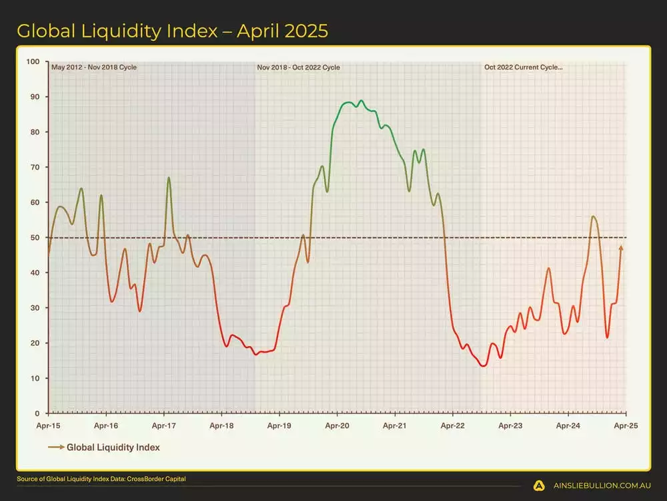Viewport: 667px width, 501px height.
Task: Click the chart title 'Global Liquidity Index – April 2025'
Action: [172, 31]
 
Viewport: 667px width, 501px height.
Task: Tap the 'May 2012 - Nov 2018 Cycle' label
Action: [93, 67]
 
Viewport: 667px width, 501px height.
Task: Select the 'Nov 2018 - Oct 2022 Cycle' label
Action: [298, 67]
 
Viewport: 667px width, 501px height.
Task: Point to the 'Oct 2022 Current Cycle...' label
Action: [524, 67]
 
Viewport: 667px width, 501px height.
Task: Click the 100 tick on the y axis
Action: [33, 62]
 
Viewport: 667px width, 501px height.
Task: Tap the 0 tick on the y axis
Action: [37, 413]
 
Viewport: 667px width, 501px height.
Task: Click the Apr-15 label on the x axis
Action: [49, 425]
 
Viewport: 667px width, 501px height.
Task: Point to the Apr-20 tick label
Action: [337, 425]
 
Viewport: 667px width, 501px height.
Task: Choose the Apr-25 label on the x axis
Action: [625, 425]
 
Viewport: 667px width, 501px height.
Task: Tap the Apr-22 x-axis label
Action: [452, 425]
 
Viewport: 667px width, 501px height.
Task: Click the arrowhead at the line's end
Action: [621, 248]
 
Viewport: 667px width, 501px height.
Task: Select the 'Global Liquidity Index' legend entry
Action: [113, 448]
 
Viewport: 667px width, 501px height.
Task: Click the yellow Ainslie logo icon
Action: [540, 486]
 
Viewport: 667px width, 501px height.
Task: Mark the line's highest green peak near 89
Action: [361, 101]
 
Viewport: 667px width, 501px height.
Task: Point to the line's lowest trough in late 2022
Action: [483, 365]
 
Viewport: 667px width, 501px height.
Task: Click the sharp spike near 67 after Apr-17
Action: [169, 178]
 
